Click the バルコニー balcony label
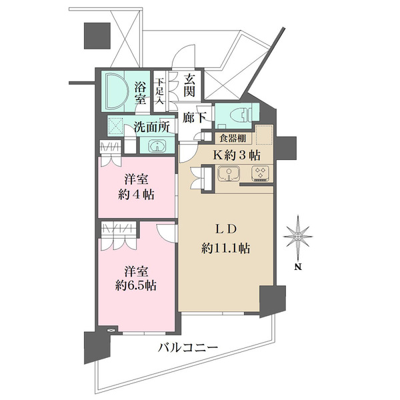click(x=188, y=347)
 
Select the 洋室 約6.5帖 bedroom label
click(x=136, y=279)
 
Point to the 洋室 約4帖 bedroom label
click(x=136, y=187)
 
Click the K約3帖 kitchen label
click(x=237, y=155)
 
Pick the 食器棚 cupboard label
click(x=233, y=138)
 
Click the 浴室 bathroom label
click(x=141, y=93)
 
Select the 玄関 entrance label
click(x=189, y=86)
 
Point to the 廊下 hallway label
click(x=194, y=118)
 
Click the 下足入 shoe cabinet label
click(x=160, y=91)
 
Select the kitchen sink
click(x=229, y=173)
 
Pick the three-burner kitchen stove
click(x=260, y=173)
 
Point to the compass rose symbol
click(x=298, y=237)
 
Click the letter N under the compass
click(x=298, y=267)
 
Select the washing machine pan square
click(x=115, y=126)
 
